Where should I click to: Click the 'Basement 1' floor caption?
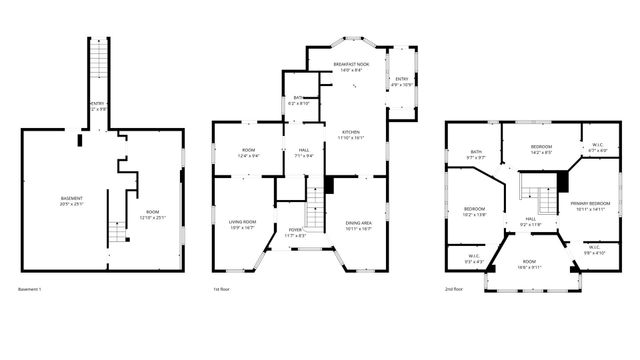tap(29, 289)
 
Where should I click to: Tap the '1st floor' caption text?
tap(222, 289)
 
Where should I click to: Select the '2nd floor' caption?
tap(454, 289)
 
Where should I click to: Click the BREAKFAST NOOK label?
tap(350, 65)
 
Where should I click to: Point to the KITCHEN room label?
tap(351, 132)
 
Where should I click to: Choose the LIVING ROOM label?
tap(243, 222)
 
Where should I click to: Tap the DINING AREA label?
tap(358, 222)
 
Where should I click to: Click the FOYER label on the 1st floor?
tap(295, 230)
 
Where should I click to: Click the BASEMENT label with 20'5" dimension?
tap(71, 198)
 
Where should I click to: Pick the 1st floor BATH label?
tap(299, 98)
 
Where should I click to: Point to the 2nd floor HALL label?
tap(530, 219)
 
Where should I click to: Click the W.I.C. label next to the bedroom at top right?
tap(597, 144)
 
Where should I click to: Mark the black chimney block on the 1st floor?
tap(329, 185)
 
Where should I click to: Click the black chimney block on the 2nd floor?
tap(562, 181)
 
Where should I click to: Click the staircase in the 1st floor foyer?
tap(315, 213)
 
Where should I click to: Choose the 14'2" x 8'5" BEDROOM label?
tap(541, 148)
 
